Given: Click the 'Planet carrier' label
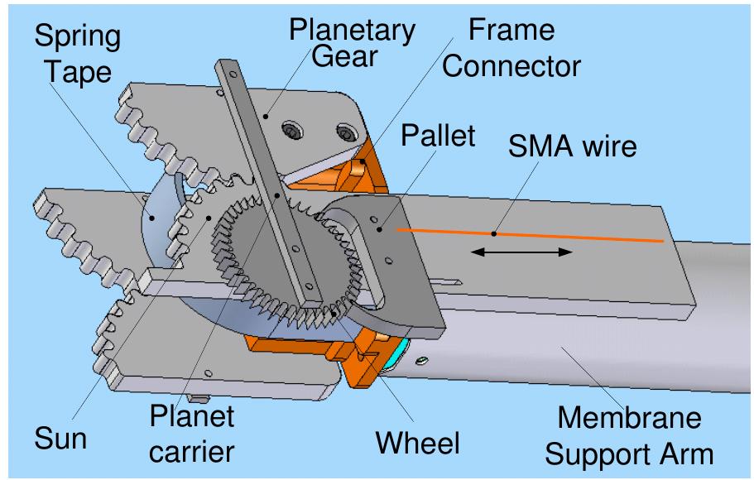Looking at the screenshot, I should (192, 432).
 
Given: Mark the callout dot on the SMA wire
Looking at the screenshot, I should (494, 233).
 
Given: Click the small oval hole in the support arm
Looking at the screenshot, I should (423, 359).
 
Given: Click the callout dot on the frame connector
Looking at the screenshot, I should (362, 162).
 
